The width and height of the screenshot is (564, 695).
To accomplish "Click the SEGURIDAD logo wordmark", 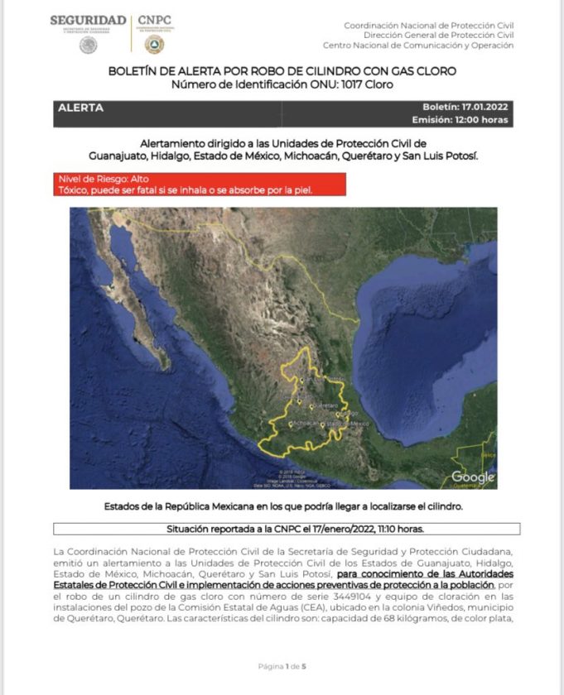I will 88,21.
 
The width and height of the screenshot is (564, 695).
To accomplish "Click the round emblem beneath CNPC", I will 154,45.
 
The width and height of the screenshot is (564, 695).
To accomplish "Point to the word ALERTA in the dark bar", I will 81,108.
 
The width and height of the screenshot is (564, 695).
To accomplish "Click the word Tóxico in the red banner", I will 75,190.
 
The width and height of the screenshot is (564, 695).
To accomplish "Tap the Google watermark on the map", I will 473,477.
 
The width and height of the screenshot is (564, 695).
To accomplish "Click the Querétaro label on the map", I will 328,405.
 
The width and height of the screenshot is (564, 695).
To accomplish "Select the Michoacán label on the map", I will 306,423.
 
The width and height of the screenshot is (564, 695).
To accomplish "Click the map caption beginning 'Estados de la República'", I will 282,506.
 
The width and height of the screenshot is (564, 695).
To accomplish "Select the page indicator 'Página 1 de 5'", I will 282,666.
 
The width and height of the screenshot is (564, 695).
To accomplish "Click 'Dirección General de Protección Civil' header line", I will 438,36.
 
